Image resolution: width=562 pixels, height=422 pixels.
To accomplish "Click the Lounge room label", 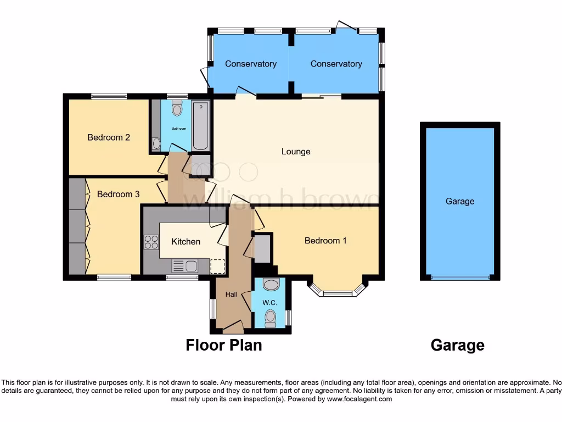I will pyautogui.click(x=296, y=152).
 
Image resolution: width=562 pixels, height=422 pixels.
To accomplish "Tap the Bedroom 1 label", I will pyautogui.click(x=325, y=241).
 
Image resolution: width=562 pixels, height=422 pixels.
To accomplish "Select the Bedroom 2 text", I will pyautogui.click(x=109, y=137).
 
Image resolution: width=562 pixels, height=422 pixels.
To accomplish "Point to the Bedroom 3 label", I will pyautogui.click(x=118, y=194).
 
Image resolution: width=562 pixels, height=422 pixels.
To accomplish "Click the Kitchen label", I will pyautogui.click(x=186, y=242).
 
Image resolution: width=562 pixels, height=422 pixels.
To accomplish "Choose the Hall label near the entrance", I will pyautogui.click(x=231, y=295).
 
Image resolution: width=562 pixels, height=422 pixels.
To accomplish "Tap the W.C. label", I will pyautogui.click(x=269, y=303).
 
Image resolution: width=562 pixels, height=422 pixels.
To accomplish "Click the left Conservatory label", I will pyautogui.click(x=250, y=64).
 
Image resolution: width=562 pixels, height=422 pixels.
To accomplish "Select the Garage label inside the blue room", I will pyautogui.click(x=460, y=201).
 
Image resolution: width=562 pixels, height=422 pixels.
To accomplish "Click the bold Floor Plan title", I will pyautogui.click(x=224, y=345).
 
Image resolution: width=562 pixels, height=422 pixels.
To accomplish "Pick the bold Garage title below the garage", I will pyautogui.click(x=457, y=345).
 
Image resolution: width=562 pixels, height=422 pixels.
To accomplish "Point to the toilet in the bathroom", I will pyautogui.click(x=177, y=109).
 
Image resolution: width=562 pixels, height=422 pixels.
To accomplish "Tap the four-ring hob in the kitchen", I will pyautogui.click(x=150, y=242).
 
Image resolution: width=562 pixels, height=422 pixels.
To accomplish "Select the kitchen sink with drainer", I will pyautogui.click(x=184, y=266).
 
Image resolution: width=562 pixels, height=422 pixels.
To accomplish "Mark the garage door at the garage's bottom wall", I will pyautogui.click(x=460, y=277).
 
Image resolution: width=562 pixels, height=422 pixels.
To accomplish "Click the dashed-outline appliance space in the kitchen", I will pyautogui.click(x=218, y=266).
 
